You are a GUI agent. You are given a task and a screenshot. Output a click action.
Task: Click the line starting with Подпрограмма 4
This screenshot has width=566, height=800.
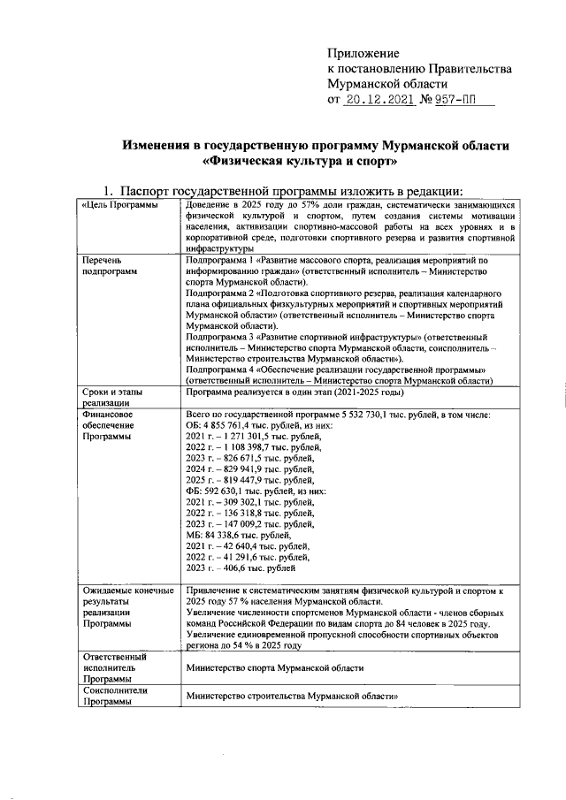pos(337,369)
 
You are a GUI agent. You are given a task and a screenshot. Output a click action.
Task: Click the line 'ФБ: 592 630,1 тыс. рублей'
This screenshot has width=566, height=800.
pos(256,491)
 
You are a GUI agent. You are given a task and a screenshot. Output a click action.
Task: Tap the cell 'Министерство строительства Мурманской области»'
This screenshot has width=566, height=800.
pos(291,697)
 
